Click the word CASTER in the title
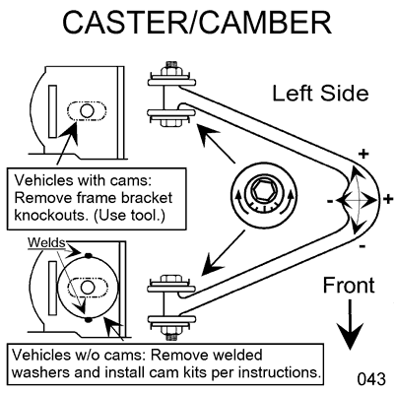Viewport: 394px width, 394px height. click(x=125, y=23)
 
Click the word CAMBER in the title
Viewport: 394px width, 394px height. click(x=265, y=23)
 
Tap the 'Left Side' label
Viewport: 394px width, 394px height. click(x=320, y=94)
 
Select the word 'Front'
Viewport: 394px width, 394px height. click(x=349, y=285)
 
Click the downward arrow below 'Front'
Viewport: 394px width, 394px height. click(x=350, y=324)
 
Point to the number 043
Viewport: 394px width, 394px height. click(x=371, y=379)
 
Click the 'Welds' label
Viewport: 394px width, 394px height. click(x=46, y=243)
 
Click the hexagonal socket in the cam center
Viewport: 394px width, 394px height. click(x=264, y=191)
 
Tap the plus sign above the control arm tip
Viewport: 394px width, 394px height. click(x=363, y=154)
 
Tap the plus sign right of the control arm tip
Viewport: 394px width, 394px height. click(x=388, y=199)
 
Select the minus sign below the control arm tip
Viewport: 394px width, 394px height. click(x=362, y=246)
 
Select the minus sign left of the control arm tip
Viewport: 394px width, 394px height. click(x=330, y=201)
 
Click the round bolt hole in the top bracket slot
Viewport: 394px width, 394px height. click(x=87, y=111)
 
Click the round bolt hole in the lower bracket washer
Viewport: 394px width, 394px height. click(x=87, y=288)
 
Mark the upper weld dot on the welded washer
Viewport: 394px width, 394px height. click(x=88, y=255)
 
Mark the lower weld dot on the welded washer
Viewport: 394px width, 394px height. click(x=88, y=319)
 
